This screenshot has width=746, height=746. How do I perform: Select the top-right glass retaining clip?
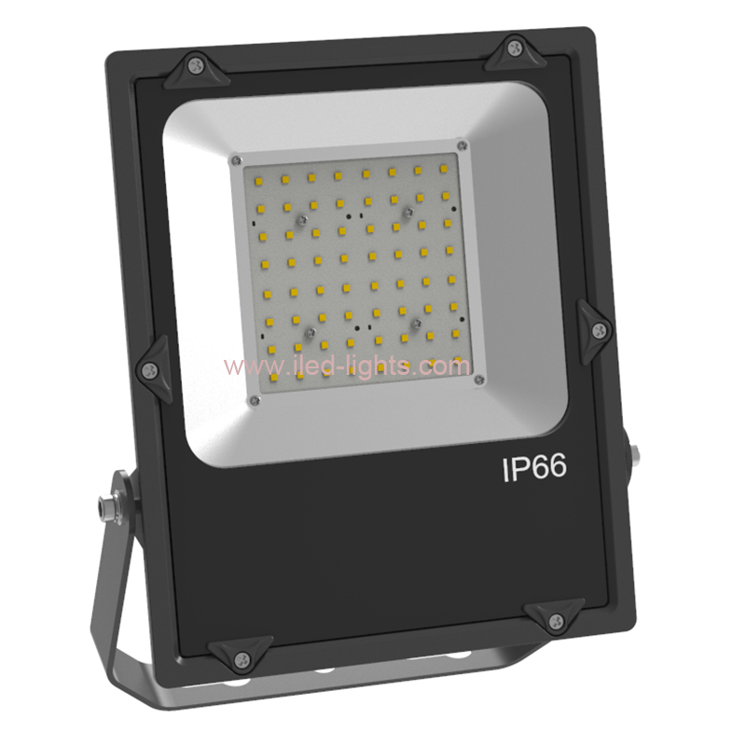pos(517,52)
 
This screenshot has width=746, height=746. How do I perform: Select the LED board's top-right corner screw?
pos(461,145)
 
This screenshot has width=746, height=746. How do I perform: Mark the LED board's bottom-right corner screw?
pos(478,380)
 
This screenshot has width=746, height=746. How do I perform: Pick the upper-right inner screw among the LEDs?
pos(407,213)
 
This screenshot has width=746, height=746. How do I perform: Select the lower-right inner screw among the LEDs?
pos(417,323)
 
